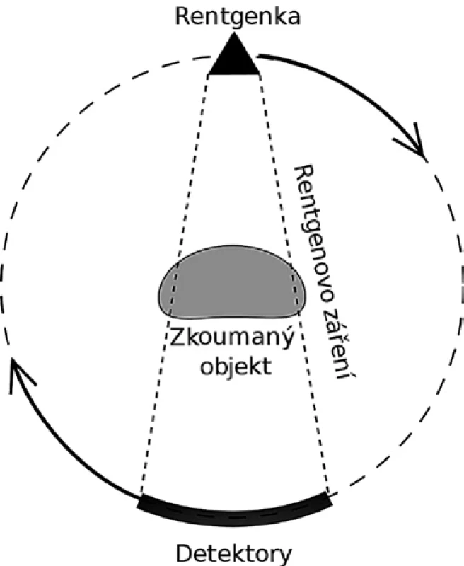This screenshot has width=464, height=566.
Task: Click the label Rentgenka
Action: tap(238, 16)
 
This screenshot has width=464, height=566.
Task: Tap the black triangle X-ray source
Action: tap(234, 59)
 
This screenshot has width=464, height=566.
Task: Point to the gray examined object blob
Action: tap(231, 282)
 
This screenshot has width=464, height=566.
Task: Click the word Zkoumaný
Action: tap(231, 339)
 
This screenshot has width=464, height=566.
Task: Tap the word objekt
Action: tap(236, 366)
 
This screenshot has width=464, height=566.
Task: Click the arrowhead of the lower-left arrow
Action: tap(18, 372)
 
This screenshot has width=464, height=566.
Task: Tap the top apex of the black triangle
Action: tap(234, 33)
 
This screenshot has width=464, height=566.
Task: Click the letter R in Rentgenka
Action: tap(182, 16)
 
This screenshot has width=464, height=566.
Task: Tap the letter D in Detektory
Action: tap(184, 555)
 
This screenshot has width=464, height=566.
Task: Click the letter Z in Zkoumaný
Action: tap(176, 337)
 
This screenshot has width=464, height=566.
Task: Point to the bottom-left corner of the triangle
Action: tap(208, 75)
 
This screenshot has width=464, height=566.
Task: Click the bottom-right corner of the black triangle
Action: tap(260, 75)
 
